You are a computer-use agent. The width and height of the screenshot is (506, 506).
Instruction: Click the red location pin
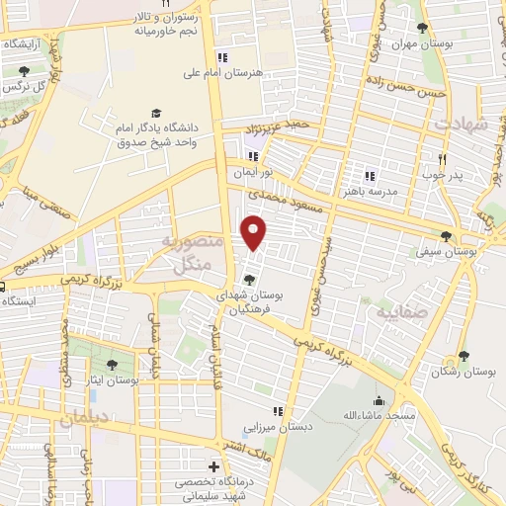[255, 232]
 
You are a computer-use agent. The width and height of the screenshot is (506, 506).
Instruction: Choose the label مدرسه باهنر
[371, 190]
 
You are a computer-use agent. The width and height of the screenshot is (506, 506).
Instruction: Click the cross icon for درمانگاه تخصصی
[212, 466]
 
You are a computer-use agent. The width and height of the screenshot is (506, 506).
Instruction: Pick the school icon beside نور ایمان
[251, 155]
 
